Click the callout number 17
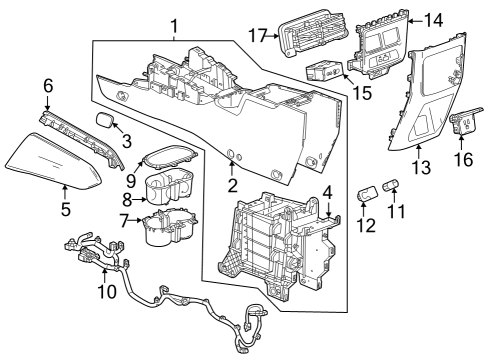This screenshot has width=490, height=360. click(258, 35)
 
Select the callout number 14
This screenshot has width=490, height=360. click(433, 21)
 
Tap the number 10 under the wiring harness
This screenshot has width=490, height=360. click(107, 291)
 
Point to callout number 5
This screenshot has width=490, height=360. click(66, 209)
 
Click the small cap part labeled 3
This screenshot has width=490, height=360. click(103, 120)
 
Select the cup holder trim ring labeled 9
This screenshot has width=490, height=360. click(170, 156)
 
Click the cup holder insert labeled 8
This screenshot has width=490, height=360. click(168, 185)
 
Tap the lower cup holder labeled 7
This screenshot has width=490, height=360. click(169, 227)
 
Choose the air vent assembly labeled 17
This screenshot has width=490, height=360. click(313, 33)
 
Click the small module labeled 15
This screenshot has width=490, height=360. click(324, 71)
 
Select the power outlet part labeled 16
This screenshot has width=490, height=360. click(465, 121)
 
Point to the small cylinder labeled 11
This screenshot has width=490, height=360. click(391, 185)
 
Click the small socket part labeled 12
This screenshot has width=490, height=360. click(367, 194)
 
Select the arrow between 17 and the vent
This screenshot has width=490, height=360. click(273, 35)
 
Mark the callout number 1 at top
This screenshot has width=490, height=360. click(174, 26)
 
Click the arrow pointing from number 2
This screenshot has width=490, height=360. click(232, 169)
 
